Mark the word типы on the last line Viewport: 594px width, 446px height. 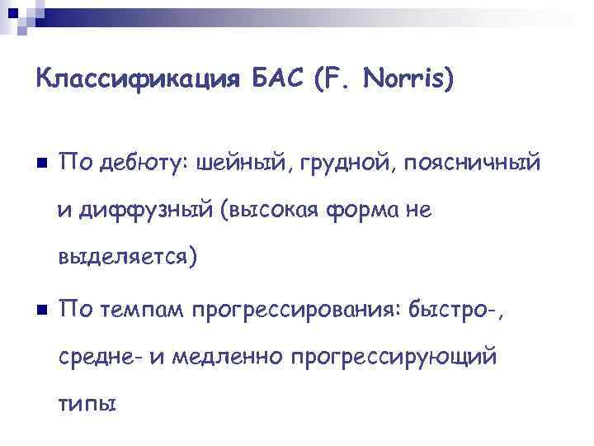[x=87, y=406]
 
